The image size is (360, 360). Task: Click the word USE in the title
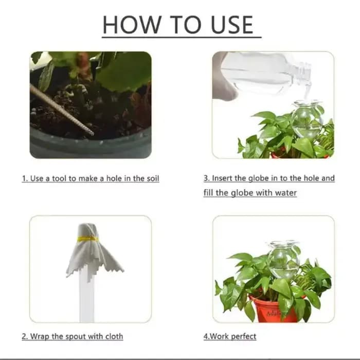coord(232,25)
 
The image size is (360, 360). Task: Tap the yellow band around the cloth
coord(88,239)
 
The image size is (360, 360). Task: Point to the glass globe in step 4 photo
coord(283,259)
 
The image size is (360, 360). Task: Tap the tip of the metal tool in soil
coord(93,134)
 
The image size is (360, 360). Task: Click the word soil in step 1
coord(153,178)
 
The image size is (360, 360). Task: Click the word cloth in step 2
coord(114,336)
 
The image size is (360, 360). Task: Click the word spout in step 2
coord(76,336)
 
